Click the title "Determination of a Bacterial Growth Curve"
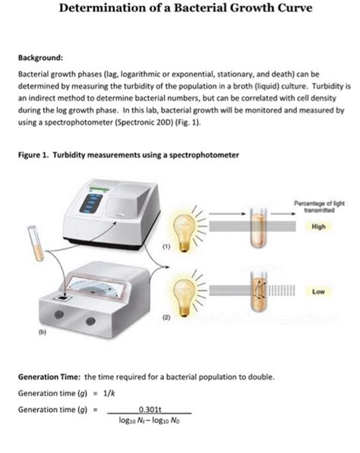180,10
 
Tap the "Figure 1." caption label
34,156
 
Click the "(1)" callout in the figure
163,246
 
